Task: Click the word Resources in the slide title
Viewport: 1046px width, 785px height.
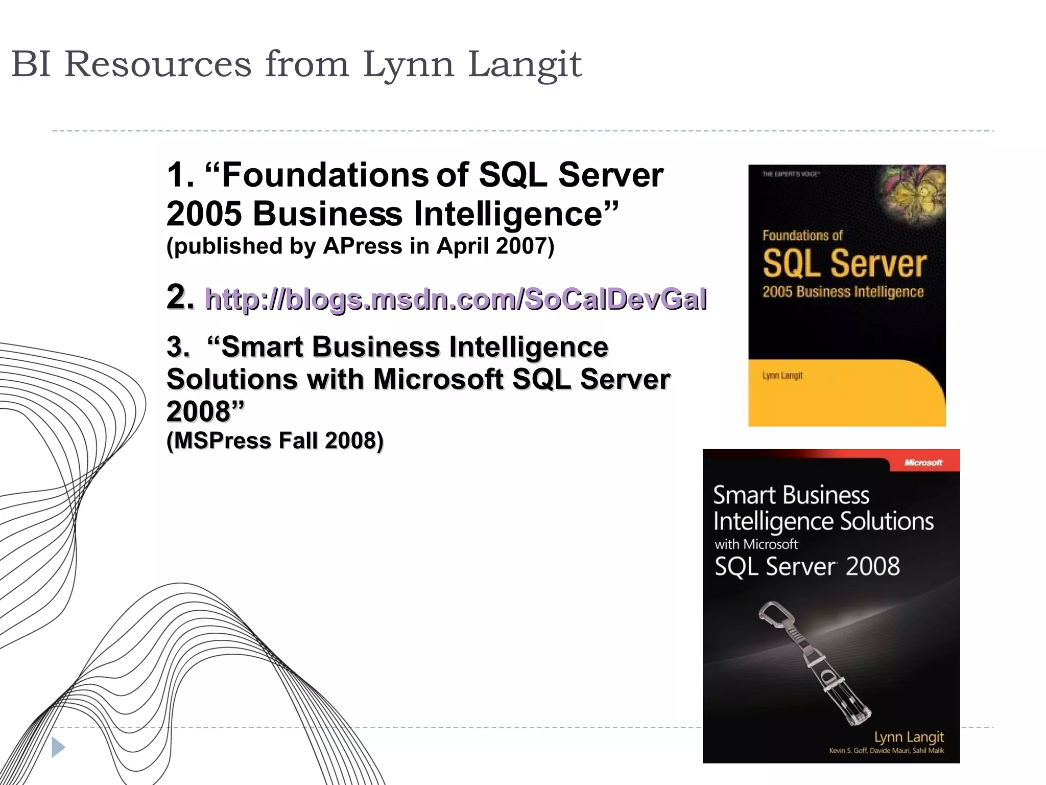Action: pyautogui.click(x=158, y=65)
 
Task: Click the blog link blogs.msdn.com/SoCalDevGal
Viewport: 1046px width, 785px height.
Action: pyautogui.click(x=456, y=299)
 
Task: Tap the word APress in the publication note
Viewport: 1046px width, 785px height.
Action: pyautogui.click(x=363, y=246)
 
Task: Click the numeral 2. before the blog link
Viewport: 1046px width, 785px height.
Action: pyautogui.click(x=180, y=297)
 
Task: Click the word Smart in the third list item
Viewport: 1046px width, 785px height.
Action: pyautogui.click(x=262, y=347)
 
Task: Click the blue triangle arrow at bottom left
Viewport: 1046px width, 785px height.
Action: pyautogui.click(x=58, y=748)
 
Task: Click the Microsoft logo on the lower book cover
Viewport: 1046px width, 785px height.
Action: pyautogui.click(x=923, y=463)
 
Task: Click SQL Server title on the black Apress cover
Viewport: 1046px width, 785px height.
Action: pyautogui.click(x=844, y=264)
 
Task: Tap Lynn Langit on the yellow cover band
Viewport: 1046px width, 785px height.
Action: pyautogui.click(x=782, y=376)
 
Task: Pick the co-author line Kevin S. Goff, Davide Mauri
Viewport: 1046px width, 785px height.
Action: pyautogui.click(x=886, y=751)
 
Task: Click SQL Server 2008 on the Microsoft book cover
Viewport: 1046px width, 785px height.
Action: pyautogui.click(x=807, y=567)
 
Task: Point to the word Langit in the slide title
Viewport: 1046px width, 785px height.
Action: pyautogui.click(x=524, y=65)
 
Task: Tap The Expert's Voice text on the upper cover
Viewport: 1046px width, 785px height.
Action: pyautogui.click(x=791, y=174)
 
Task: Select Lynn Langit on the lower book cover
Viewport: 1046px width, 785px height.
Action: pyautogui.click(x=909, y=737)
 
